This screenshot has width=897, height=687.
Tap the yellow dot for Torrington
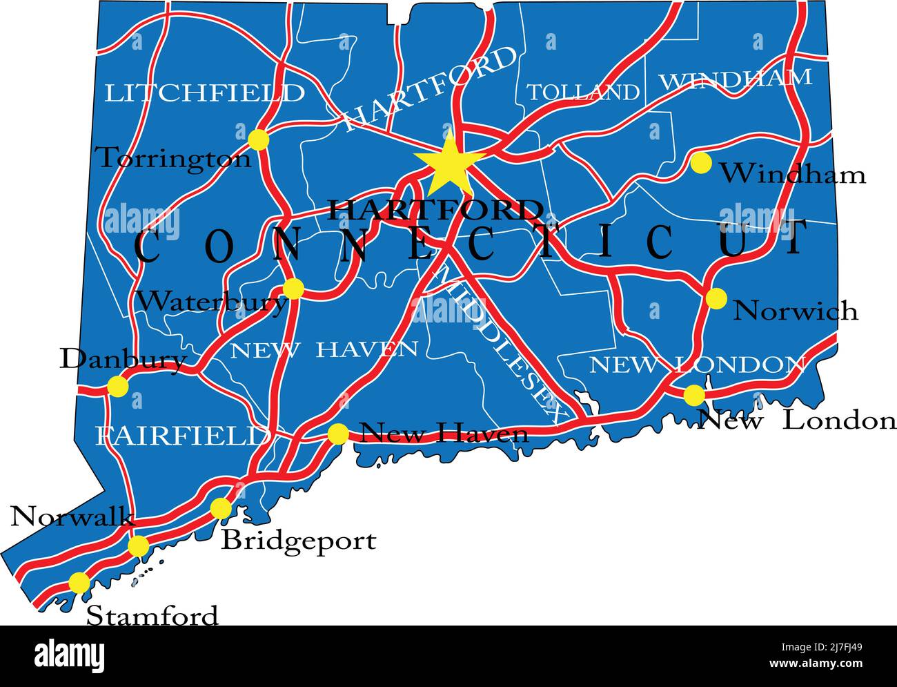258,139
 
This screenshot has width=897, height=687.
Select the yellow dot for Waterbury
293,288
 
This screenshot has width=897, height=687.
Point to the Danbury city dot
118,387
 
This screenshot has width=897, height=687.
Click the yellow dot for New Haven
338,434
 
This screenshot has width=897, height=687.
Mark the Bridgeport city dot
221,509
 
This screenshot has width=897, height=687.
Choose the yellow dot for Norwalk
139,547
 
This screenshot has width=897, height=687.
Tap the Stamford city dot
79,583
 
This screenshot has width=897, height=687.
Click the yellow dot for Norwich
716,298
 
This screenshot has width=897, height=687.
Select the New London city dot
694,396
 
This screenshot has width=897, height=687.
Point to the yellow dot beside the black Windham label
700,163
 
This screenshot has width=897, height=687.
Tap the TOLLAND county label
583,93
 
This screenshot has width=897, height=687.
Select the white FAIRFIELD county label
183,436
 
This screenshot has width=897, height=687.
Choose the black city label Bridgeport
299,541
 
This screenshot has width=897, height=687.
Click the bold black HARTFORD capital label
435,209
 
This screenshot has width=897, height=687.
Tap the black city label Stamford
152,615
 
